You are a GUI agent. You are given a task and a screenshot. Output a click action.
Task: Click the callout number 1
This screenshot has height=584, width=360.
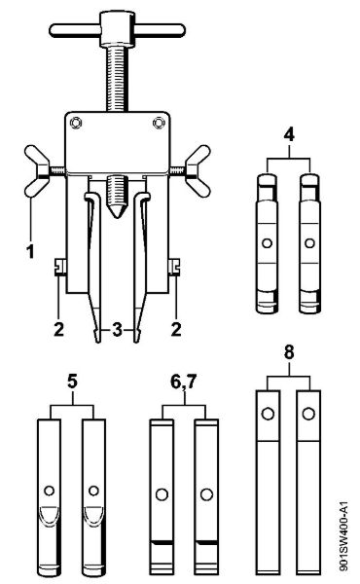click(31, 251)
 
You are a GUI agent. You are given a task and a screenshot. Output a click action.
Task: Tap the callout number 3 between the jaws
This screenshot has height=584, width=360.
click(117, 330)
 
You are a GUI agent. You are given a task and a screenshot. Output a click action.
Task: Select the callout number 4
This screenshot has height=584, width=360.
click(289, 135)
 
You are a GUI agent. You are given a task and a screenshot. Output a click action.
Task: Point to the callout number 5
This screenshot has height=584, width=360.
click(72, 382)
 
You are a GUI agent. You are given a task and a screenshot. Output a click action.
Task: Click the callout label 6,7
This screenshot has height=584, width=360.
click(183, 382)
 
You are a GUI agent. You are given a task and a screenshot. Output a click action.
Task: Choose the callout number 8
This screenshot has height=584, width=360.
click(289, 352)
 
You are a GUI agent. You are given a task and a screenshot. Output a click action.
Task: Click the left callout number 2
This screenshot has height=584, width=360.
click(58, 330)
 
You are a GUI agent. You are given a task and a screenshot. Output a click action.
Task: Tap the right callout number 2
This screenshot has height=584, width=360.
click(176, 330)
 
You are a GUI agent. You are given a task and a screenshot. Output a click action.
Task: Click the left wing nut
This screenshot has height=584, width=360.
click(36, 171)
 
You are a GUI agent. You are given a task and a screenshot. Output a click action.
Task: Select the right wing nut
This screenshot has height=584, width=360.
click(198, 171)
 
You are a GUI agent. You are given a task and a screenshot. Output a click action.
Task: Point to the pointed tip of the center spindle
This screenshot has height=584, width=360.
click(117, 216)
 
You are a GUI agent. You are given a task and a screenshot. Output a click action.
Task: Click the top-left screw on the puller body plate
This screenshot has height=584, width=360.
click(76, 123)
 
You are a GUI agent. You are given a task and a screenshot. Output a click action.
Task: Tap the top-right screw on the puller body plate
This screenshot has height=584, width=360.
click(159, 123)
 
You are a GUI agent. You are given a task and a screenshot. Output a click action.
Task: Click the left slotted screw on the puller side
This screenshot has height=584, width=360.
click(60, 267)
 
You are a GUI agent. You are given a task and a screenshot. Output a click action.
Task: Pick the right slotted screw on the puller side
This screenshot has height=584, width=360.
click(174, 267)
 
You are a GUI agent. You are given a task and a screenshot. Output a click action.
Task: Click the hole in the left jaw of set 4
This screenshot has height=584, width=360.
click(267, 243)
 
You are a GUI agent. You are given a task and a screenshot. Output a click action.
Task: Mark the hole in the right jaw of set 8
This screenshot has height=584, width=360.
click(307, 414)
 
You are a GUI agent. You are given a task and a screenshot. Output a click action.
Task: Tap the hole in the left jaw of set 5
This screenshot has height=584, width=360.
click(50, 491)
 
